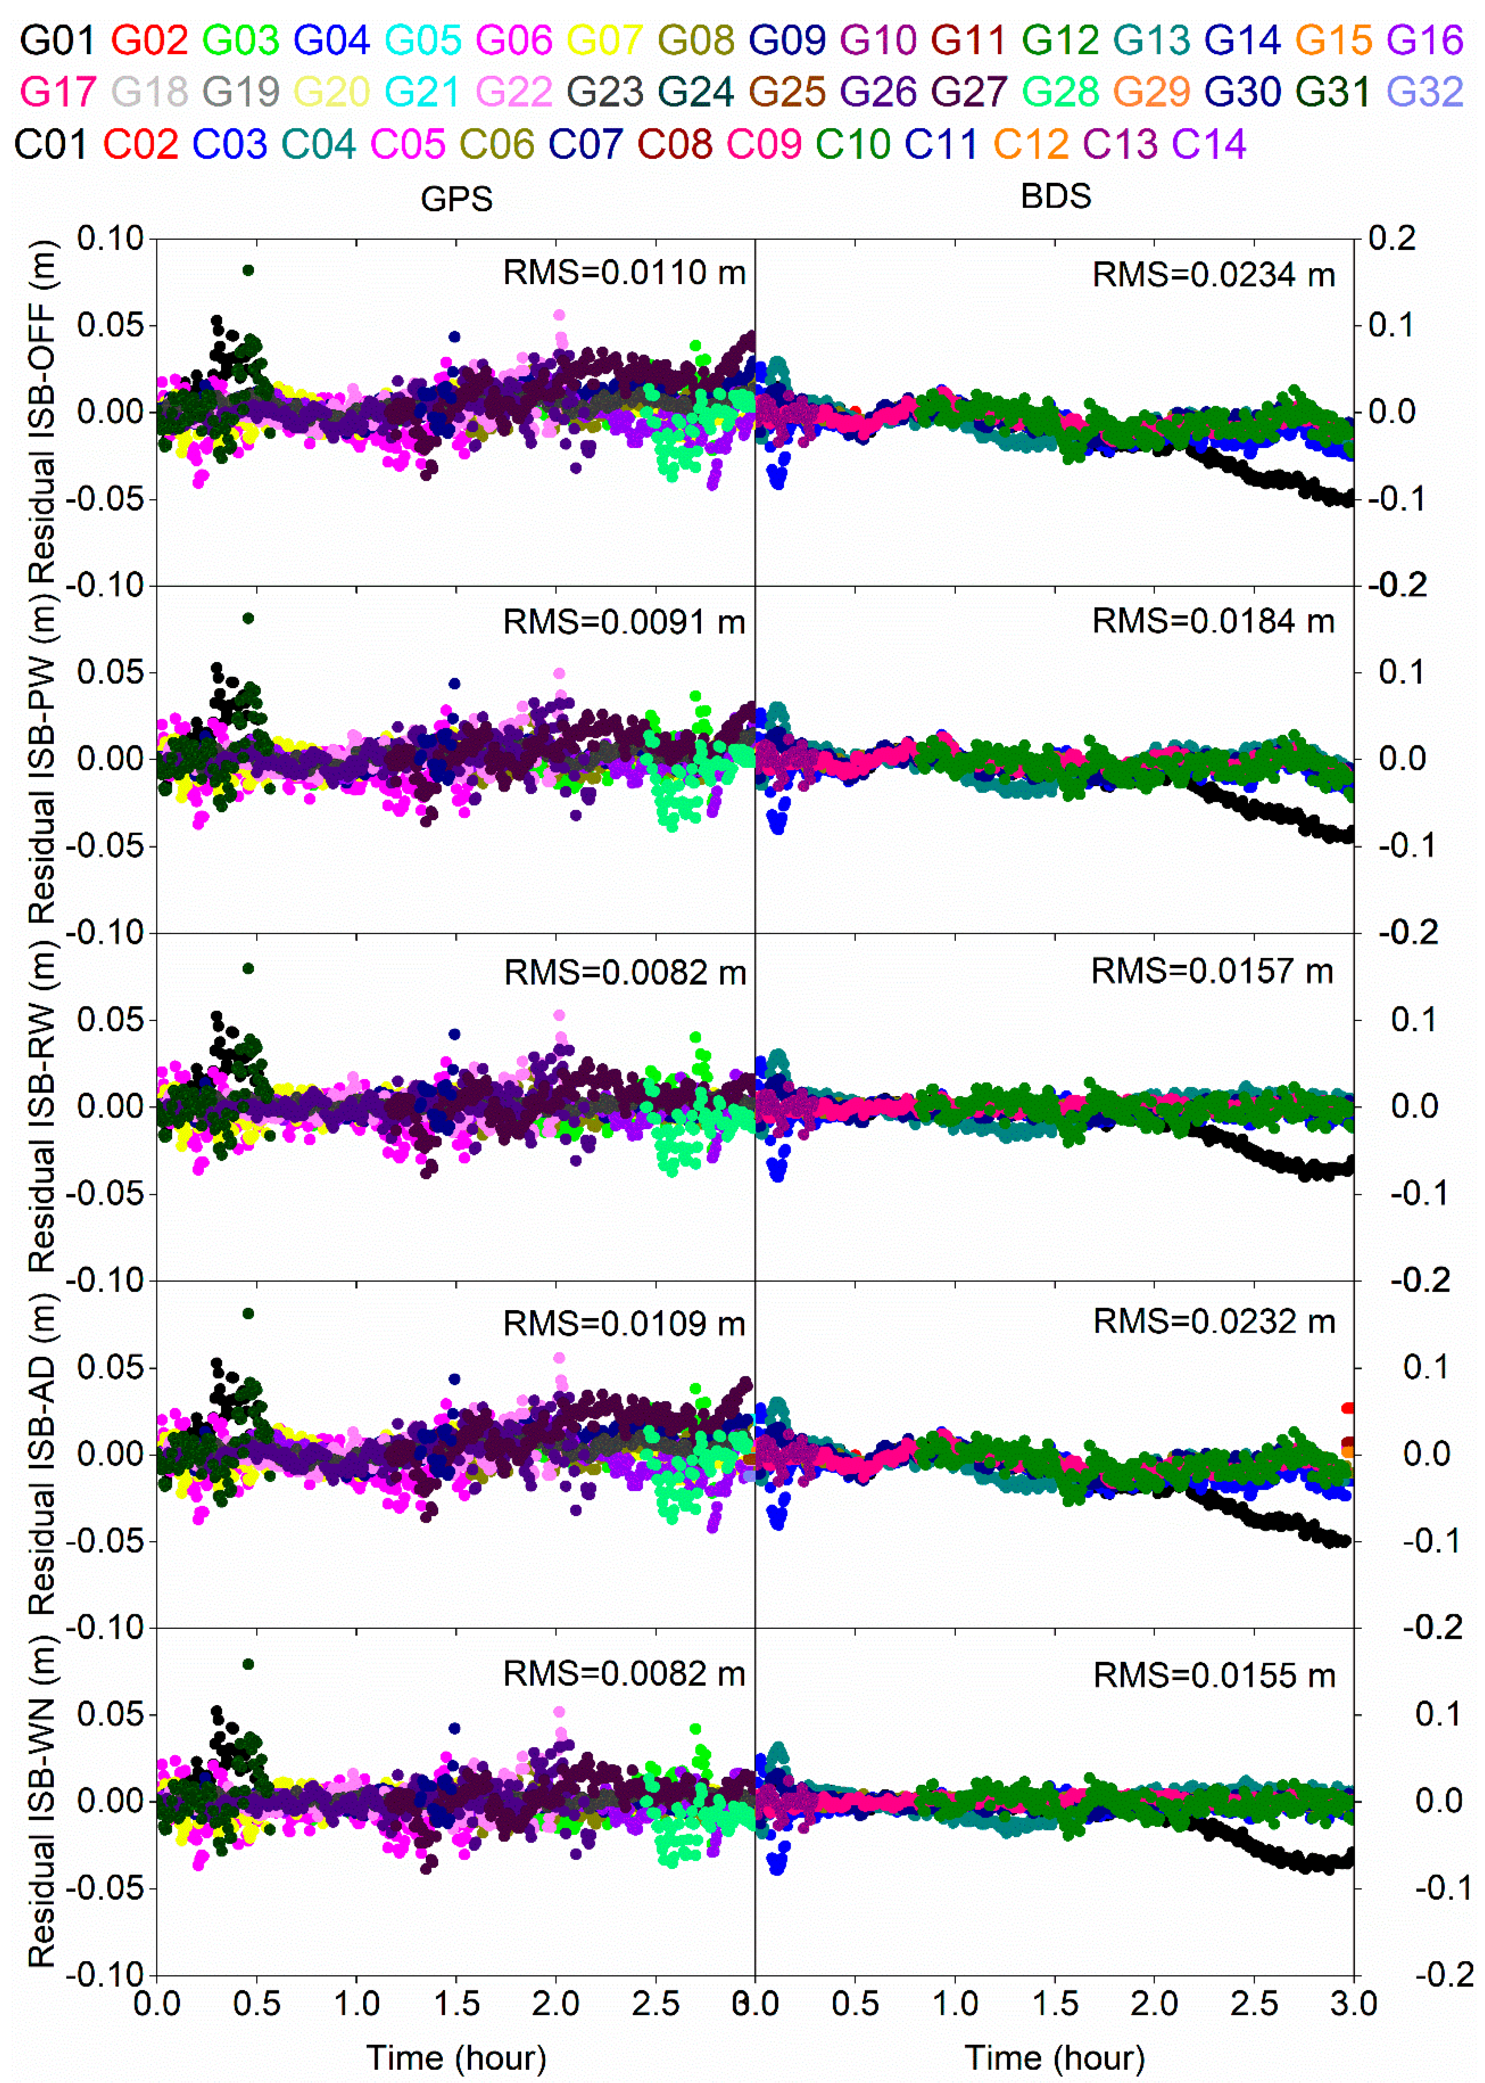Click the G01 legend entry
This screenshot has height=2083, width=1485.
tap(57, 40)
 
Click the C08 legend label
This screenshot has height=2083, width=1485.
tap(674, 144)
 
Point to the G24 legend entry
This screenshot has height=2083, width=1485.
tap(695, 92)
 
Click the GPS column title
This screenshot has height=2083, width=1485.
tap(456, 199)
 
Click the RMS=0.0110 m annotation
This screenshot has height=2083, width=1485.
tap(625, 272)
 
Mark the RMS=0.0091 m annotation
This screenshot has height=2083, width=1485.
tap(625, 622)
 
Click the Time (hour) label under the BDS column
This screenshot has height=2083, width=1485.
tap(1055, 2058)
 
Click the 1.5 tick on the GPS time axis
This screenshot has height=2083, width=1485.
tap(456, 2004)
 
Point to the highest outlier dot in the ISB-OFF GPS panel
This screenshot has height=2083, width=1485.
tap(248, 270)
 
